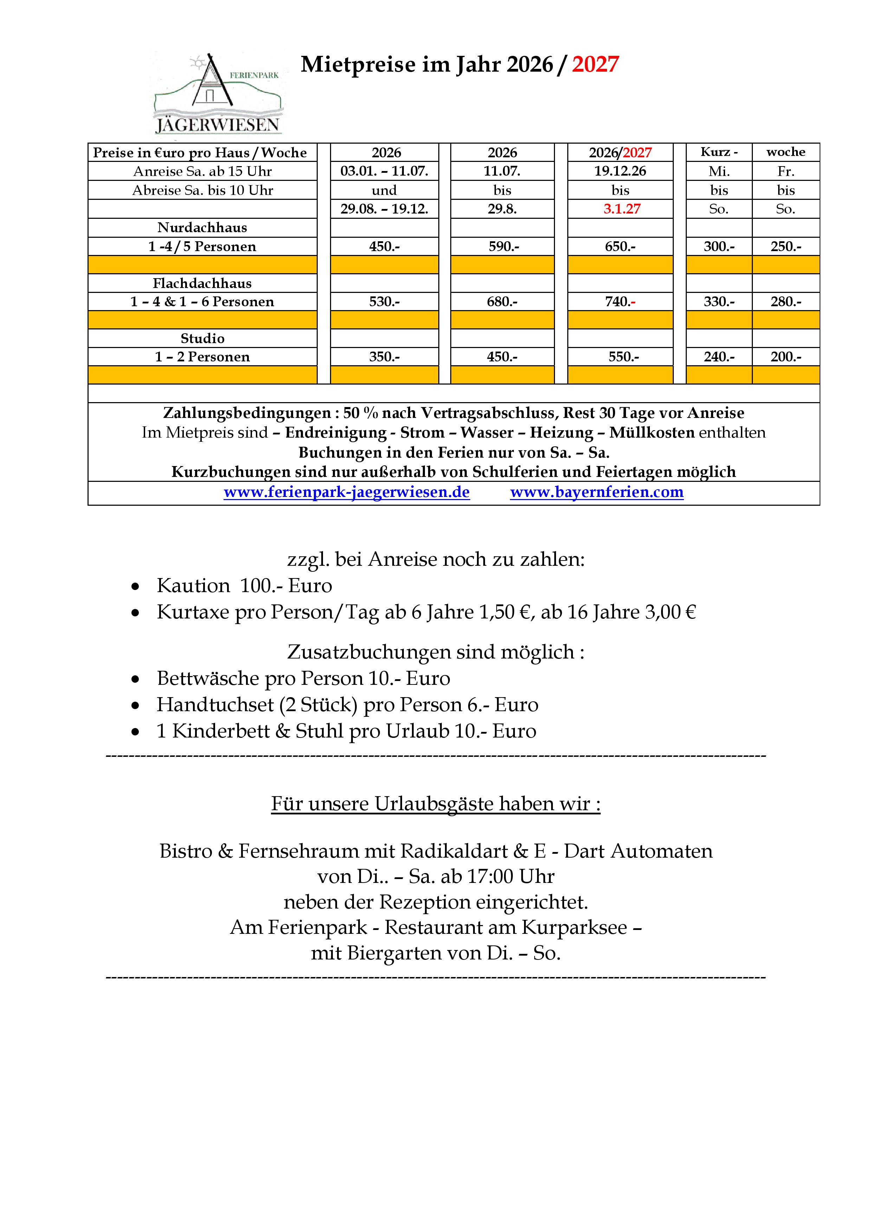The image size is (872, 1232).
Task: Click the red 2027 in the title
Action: click(x=595, y=64)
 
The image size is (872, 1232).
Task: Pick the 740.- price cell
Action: click(x=620, y=302)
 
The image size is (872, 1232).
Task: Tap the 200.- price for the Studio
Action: click(x=786, y=357)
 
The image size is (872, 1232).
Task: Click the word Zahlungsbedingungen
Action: click(x=247, y=413)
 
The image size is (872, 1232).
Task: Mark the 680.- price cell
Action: click(x=502, y=302)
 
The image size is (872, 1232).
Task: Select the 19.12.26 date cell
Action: click(x=620, y=171)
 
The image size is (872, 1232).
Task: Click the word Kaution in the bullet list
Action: click(x=193, y=585)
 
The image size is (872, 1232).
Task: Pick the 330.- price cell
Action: click(x=719, y=302)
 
